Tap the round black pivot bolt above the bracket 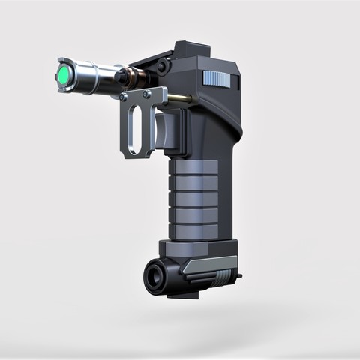tap(162, 67)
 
